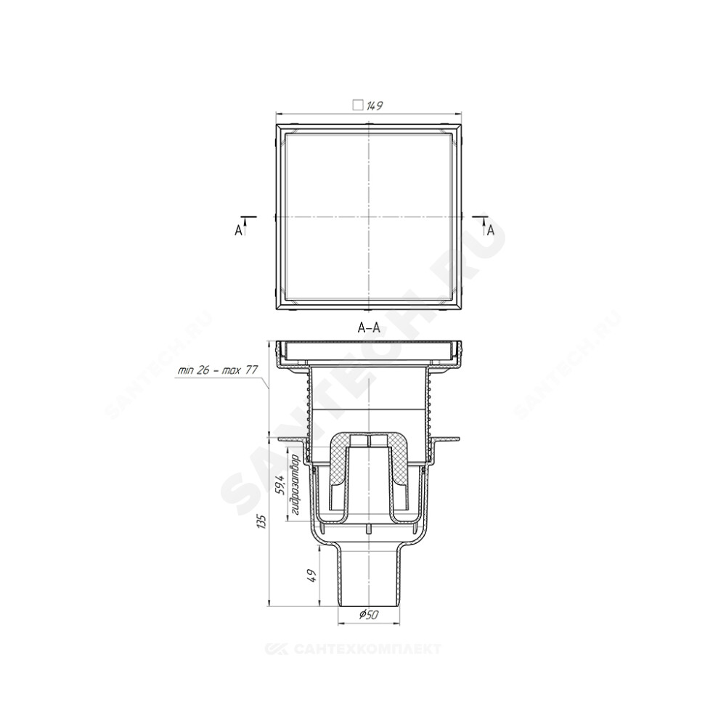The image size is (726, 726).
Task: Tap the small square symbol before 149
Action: (357, 105)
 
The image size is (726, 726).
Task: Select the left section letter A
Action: (238, 230)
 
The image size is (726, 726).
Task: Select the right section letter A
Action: (491, 230)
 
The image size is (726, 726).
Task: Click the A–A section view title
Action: (369, 328)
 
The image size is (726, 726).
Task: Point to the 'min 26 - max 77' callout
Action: (218, 370)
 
